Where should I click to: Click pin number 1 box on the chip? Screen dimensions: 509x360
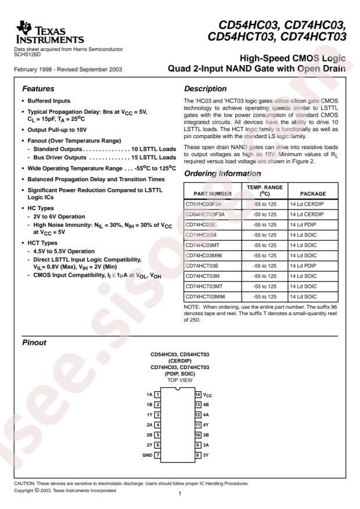(x=157, y=395)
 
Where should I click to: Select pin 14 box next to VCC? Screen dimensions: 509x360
(x=197, y=395)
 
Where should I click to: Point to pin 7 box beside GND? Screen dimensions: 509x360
(x=157, y=455)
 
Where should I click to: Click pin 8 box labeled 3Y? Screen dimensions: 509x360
(x=197, y=455)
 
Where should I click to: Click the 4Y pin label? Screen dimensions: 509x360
(x=206, y=425)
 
